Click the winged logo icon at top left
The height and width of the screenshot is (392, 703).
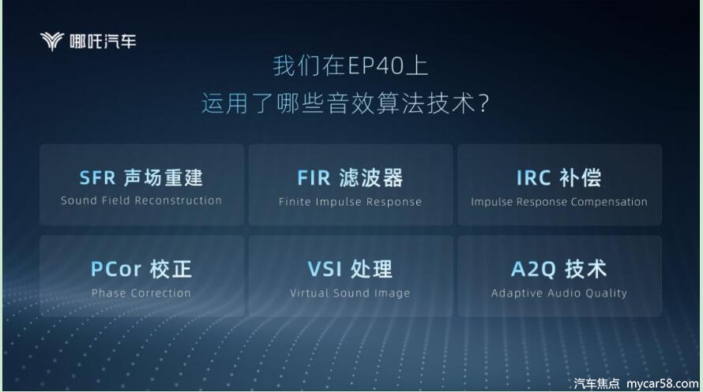(51, 41)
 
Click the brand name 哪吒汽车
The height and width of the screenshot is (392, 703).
(103, 42)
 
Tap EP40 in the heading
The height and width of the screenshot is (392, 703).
(376, 66)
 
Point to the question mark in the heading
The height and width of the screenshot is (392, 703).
(483, 103)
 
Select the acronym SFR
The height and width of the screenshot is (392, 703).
(97, 178)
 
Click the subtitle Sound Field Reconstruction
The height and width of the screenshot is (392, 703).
(141, 200)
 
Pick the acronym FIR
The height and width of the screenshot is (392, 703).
(314, 178)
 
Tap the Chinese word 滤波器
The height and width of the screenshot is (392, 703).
(371, 178)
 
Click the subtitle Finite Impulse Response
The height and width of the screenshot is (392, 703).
(350, 202)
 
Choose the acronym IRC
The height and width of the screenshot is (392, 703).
(533, 178)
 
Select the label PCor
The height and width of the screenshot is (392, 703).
(116, 270)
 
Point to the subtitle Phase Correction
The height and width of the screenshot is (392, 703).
(141, 293)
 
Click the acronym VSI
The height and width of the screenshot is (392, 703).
(325, 270)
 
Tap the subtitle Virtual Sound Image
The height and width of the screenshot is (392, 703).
(350, 293)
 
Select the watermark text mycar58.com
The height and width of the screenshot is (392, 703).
(663, 383)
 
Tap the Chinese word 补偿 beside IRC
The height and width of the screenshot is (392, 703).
(581, 178)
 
